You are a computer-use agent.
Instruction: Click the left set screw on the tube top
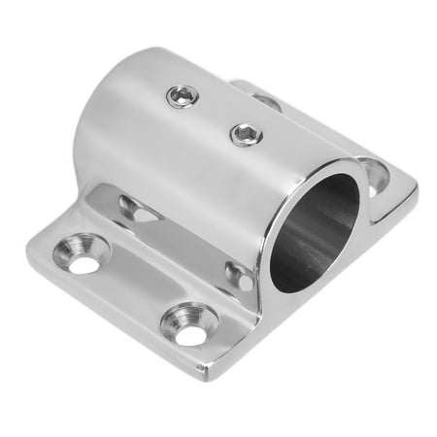click(x=182, y=94)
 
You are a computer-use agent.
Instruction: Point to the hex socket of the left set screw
click(x=182, y=94)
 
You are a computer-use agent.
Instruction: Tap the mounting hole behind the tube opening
click(x=373, y=175)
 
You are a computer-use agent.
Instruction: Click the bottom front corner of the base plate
click(x=207, y=371)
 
